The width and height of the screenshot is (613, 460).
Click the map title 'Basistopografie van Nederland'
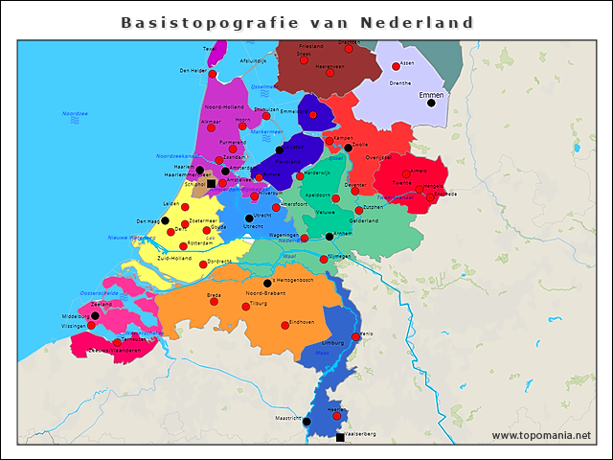pos(298,22)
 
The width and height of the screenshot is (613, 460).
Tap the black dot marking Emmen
pos(431,103)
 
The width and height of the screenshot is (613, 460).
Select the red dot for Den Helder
pos(213,75)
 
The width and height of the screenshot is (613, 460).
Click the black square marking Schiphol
pos(211,184)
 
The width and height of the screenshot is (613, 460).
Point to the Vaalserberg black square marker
pos(340,437)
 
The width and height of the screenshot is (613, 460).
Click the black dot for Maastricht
pos(306,421)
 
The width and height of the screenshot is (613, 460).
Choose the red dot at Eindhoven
pos(284,326)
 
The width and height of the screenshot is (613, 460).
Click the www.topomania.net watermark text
pos(541,436)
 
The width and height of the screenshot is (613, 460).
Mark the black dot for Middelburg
pos(95,315)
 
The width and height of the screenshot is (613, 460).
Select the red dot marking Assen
pos(396,66)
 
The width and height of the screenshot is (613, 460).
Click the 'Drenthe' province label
pos(400,83)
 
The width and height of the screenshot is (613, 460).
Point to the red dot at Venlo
pos(356,336)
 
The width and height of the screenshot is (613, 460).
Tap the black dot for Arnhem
pos(329,236)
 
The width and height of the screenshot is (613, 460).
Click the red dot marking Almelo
pos(406,173)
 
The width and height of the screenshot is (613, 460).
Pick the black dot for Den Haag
pos(165,220)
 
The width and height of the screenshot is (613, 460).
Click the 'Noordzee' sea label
pos(75,113)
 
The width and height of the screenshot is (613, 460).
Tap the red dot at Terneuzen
pos(117,342)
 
